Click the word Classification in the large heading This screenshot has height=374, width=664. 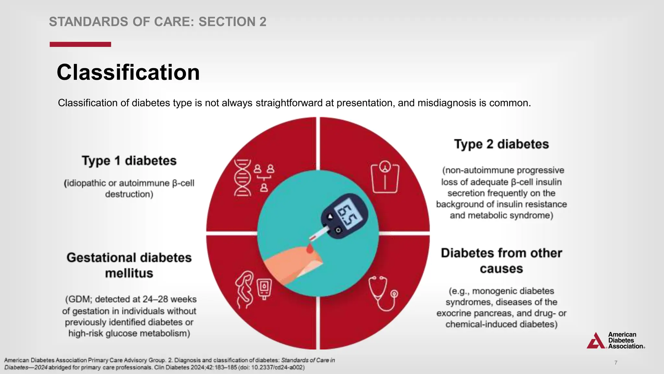point(128,72)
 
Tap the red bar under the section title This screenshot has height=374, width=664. point(80,44)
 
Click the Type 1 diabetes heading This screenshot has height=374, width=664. point(129,161)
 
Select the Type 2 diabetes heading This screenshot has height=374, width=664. point(501,144)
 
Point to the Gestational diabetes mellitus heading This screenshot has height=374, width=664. point(129,265)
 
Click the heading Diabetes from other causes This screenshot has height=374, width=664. point(501,261)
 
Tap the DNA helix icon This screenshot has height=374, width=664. point(243,178)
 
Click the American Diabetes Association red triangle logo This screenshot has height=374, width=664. point(596,341)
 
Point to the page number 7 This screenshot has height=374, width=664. point(616,363)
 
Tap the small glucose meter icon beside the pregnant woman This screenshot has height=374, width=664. point(264,288)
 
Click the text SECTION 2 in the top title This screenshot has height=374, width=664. point(232,22)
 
